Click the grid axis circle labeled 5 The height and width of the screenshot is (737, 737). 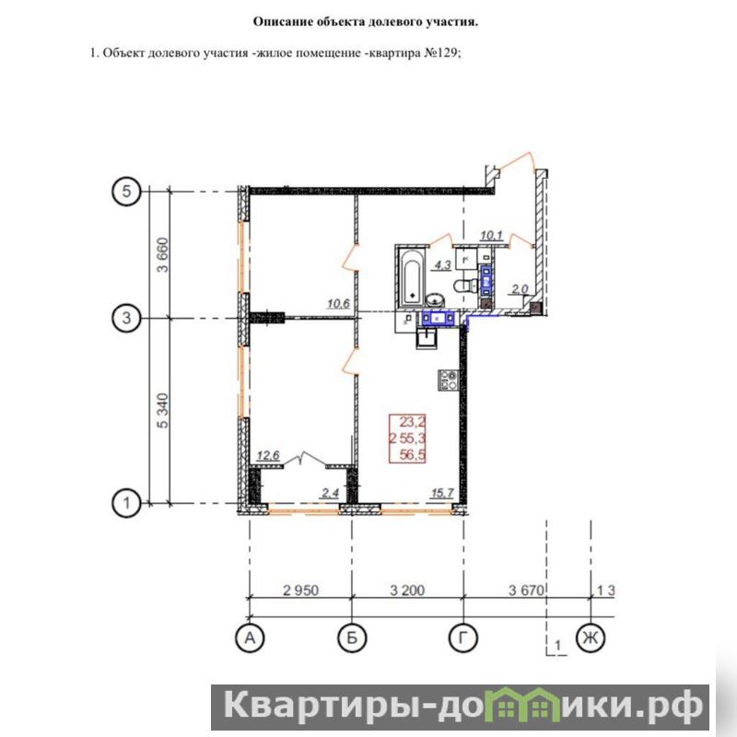point(126,192)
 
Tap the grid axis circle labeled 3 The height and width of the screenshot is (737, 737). point(126,318)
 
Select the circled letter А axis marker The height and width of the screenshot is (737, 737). point(250,638)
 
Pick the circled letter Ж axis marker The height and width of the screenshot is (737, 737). point(591,638)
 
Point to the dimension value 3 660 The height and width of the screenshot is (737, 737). point(163,255)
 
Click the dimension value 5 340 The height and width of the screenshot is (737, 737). point(163,410)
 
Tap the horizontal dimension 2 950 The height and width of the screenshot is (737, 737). point(301,590)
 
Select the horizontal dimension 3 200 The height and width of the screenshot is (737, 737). point(407,590)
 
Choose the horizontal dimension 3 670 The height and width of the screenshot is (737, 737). point(526,590)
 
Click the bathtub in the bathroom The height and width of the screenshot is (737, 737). point(413,277)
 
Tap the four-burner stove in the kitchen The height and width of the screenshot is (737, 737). point(448,380)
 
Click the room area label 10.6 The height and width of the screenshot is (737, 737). point(338,304)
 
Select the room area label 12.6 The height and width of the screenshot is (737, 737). point(268,455)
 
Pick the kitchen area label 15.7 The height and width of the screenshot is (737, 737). point(442,493)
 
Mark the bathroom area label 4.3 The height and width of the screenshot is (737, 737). point(442,265)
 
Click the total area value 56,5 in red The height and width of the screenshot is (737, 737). point(412,454)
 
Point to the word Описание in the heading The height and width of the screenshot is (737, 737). point(283,21)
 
